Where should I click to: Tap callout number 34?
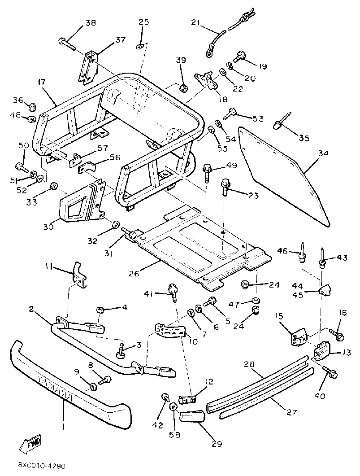[323, 153]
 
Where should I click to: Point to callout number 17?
[41, 82]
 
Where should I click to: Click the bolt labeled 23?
[224, 188]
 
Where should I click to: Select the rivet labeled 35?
[282, 121]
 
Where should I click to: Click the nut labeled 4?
[100, 310]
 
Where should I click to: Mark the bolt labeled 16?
[336, 334]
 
